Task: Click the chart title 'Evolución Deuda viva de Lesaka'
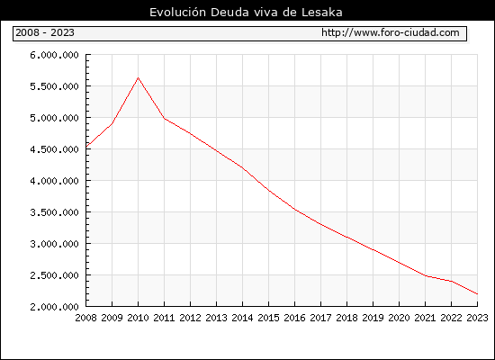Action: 246,12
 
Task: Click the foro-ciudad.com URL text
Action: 391,32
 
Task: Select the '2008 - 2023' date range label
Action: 45,32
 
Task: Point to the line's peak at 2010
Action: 138,77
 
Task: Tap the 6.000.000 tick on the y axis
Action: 54,55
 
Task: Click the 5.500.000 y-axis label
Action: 54,86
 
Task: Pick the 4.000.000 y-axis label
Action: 54,181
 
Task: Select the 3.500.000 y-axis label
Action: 54,212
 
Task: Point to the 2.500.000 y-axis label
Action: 54,275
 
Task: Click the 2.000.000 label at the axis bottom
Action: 54,307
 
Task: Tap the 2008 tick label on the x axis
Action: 85,318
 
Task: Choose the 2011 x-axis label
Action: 164,318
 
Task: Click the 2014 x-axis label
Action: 242,318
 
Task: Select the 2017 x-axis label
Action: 320,318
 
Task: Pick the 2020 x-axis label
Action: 399,318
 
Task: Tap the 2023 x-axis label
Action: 477,318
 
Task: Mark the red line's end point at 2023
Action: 477,294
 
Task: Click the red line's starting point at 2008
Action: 86,147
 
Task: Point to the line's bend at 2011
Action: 164,119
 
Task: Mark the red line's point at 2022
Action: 452,281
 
